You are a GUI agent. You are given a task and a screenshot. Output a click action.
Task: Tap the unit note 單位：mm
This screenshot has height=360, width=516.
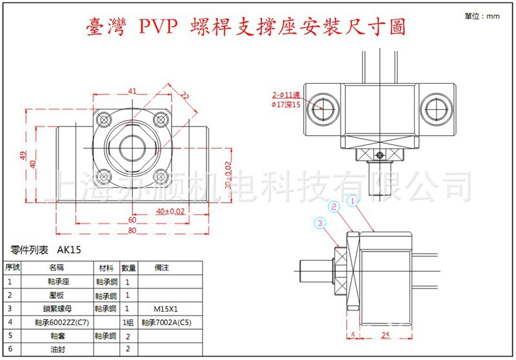click(482, 15)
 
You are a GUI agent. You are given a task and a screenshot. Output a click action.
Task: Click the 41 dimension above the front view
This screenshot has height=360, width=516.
click(133, 91)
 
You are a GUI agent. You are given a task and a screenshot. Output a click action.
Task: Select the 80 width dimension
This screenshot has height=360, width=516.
click(132, 230)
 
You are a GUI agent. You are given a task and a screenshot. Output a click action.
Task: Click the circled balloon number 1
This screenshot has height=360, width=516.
click(352, 201)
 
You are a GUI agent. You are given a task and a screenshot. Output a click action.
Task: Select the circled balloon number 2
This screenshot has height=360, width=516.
click(334, 206)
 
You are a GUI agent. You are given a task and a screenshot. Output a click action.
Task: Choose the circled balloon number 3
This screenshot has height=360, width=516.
click(321, 223)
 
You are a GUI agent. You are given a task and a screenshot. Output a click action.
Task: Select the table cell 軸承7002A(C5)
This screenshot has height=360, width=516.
click(166, 321)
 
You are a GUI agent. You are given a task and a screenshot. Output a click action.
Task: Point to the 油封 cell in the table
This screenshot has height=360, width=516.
click(57, 348)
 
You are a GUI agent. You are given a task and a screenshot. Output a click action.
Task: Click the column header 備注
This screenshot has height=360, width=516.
click(161, 267)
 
